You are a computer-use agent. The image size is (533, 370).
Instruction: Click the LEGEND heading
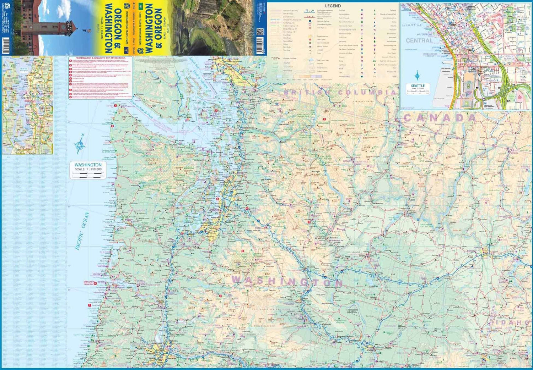click(x=333, y=6)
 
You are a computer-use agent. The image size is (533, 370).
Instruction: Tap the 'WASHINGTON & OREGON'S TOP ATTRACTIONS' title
click(x=101, y=58)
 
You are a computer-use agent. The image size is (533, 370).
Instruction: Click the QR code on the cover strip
click(x=260, y=32)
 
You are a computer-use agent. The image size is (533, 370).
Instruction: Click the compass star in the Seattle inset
click(x=417, y=76)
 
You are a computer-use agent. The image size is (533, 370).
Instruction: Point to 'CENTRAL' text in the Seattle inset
click(x=419, y=41)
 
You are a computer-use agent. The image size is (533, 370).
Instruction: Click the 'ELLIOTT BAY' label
click(x=412, y=25)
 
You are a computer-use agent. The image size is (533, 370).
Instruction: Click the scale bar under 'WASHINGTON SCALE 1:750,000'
click(x=88, y=175)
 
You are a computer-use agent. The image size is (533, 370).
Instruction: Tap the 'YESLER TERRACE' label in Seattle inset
click(x=509, y=57)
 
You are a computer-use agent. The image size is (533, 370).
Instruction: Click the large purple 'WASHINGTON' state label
click(x=287, y=282)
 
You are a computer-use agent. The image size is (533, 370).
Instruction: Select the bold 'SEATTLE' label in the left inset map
click(x=26, y=98)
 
